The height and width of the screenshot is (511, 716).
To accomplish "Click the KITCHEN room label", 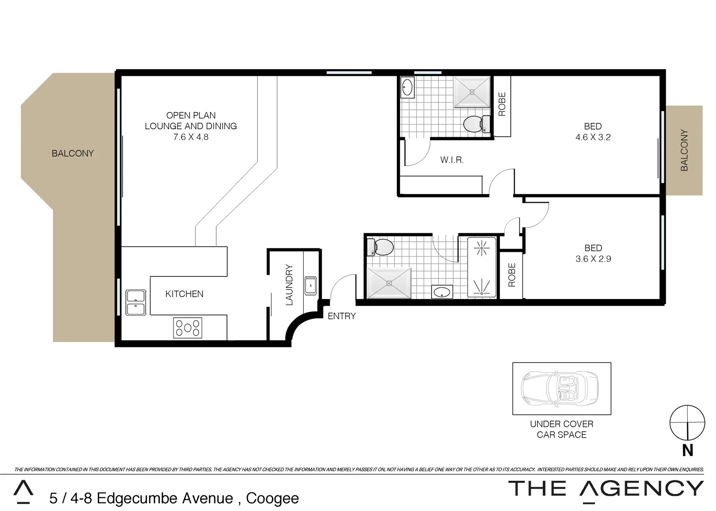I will pyautogui.click(x=184, y=294).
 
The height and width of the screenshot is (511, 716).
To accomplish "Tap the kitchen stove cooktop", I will pyautogui.click(x=188, y=327).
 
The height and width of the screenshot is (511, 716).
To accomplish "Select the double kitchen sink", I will pyautogui.click(x=136, y=302).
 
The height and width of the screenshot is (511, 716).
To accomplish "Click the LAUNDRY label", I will pyautogui.click(x=289, y=285).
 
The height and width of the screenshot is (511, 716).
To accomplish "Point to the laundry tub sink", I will pyautogui.click(x=311, y=286).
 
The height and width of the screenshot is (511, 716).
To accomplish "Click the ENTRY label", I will pyautogui.click(x=341, y=316).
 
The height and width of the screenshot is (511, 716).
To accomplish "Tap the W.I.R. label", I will pyautogui.click(x=452, y=160).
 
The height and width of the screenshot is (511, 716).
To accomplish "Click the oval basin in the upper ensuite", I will pyautogui.click(x=407, y=88).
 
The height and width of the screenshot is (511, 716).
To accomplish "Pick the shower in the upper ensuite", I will pyautogui.click(x=472, y=92).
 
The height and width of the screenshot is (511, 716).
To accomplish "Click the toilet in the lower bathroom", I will pyautogui.click(x=381, y=247).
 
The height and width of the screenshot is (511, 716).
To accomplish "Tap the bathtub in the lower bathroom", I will pyautogui.click(x=481, y=267).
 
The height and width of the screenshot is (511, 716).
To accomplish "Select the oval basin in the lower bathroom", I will pyautogui.click(x=442, y=292).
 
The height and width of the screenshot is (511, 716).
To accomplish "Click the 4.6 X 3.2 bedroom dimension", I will pyautogui.click(x=593, y=137).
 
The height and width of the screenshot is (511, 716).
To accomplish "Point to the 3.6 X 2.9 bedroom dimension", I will pyautogui.click(x=593, y=259).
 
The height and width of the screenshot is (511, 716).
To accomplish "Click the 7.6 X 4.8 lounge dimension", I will pyautogui.click(x=191, y=137).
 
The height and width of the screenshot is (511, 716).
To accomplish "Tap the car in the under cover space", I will pyautogui.click(x=559, y=388).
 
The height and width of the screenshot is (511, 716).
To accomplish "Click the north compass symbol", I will pyautogui.click(x=687, y=423).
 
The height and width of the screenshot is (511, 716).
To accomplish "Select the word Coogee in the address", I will pyautogui.click(x=272, y=498).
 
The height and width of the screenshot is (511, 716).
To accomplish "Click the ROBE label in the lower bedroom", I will pyautogui.click(x=512, y=275).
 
